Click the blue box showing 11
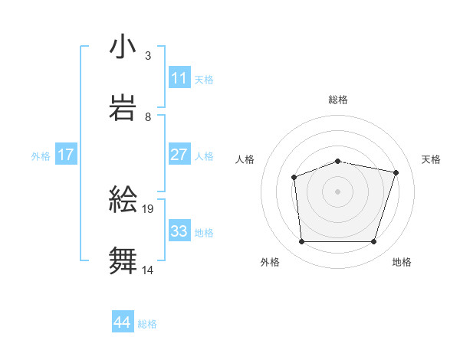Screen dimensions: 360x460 (x=179, y=78)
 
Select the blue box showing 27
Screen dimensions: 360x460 (x=179, y=155)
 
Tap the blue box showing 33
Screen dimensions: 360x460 (x=179, y=231)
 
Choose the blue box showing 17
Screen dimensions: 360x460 (x=66, y=155)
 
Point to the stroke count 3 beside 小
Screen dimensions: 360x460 (x=148, y=56)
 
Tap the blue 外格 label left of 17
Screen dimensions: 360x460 (x=41, y=156)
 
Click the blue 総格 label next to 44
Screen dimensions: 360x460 (x=147, y=324)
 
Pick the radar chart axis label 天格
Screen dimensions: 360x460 (x=431, y=159)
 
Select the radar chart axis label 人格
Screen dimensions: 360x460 (x=245, y=159)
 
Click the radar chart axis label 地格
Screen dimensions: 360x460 (x=402, y=263)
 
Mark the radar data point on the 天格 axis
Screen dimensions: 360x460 (x=396, y=172)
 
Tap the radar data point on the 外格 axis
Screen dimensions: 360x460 (x=301, y=242)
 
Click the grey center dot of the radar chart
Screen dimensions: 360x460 (x=337, y=191)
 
